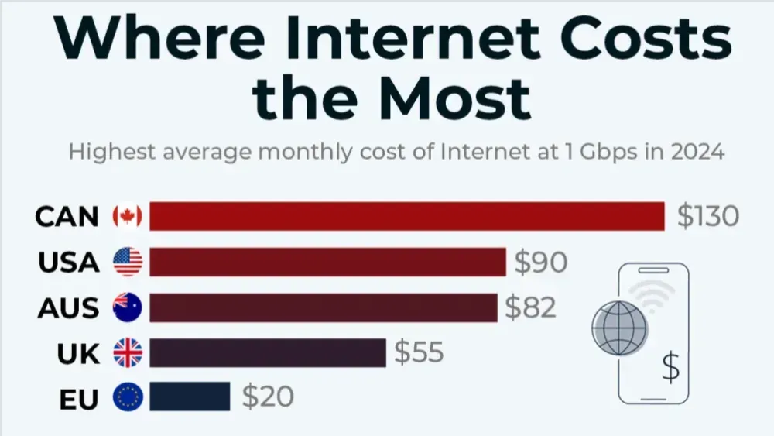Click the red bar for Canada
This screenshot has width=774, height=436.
[x=406, y=216]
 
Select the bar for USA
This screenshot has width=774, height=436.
[x=327, y=262]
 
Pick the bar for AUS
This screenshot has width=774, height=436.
[x=323, y=307]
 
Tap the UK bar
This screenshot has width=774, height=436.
[x=267, y=352]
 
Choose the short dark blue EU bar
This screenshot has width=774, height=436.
[x=190, y=397]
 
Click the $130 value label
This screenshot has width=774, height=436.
[x=707, y=216]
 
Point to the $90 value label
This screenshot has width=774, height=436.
[x=541, y=262]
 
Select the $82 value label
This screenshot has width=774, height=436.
[x=531, y=307]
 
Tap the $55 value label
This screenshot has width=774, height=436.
[x=419, y=352]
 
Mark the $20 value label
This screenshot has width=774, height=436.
[x=268, y=397]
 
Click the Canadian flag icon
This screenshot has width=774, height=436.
[x=128, y=216]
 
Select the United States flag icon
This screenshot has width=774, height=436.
[x=128, y=262]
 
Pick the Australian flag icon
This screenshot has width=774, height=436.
[x=128, y=307]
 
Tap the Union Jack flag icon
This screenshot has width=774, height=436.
[x=128, y=352]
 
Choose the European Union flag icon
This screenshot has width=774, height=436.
[x=128, y=397]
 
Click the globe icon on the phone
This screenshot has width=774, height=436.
[x=620, y=328]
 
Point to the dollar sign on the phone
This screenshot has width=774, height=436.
[x=670, y=366]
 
